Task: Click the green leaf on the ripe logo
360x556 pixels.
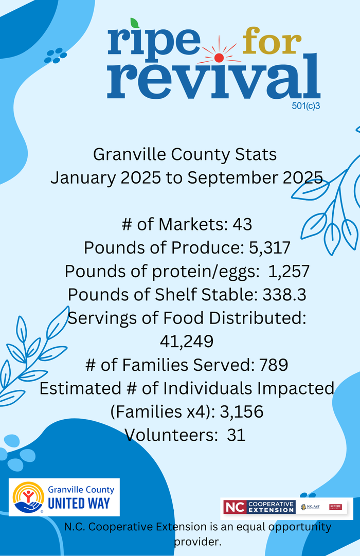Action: [135, 23]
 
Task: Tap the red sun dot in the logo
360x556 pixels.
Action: [219, 58]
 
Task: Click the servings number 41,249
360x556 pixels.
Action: [187, 341]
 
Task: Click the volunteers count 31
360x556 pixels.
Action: [236, 435]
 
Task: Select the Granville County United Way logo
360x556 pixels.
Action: [64, 497]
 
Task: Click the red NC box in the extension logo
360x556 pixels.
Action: [235, 507]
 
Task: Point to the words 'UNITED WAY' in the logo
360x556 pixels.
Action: [79, 503]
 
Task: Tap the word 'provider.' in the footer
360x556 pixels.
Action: [198, 542]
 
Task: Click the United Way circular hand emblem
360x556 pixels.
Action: [28, 497]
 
